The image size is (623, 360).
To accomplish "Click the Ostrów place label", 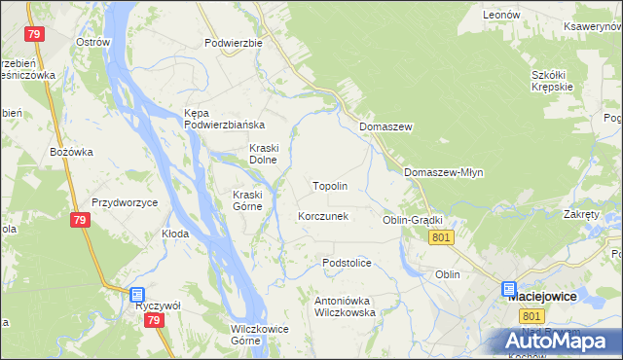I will coord(92,43).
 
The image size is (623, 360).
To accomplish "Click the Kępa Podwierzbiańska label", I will coord(225,119).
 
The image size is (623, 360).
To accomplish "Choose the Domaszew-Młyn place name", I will coord(443,172).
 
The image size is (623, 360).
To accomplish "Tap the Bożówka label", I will coord(71,152).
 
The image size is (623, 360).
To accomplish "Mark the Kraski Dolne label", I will coord(264,154).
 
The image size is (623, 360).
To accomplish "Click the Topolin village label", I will coord(330,185).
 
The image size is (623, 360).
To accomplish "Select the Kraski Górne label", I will coord(247,199).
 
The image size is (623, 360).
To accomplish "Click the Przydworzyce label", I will coord(125,202).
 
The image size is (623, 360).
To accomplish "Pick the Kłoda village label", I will coord(175,234).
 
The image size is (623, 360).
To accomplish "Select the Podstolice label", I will coord(348,263).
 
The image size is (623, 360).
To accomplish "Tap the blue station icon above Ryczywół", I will coord(137,294).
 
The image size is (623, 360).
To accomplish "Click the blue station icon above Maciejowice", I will coord(509,288).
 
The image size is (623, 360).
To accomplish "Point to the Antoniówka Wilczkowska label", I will coord(345,306).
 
